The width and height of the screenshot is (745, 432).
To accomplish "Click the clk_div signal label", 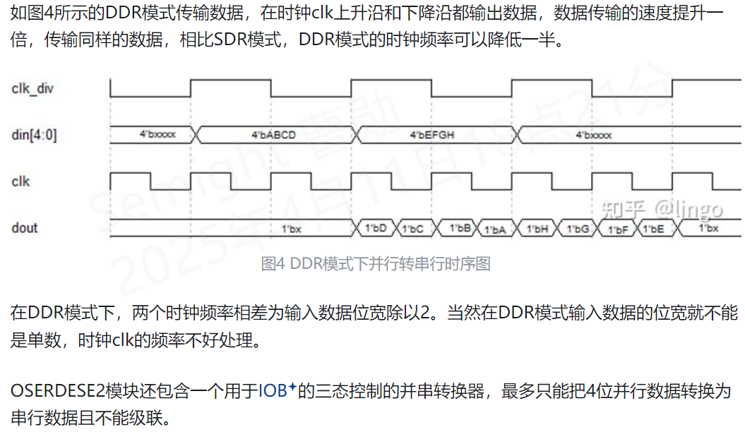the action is [32, 88].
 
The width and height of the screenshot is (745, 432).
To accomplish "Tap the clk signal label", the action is [21, 181].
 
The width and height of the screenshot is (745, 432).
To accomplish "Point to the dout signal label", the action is [25, 227].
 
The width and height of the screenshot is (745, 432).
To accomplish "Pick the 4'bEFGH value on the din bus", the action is [432, 134].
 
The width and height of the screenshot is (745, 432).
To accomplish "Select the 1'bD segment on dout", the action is [375, 228].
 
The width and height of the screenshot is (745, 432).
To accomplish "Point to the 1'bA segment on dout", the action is [496, 229].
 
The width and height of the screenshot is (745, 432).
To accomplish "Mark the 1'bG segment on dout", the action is [576, 229].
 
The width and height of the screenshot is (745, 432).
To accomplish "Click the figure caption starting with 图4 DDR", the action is [375, 264].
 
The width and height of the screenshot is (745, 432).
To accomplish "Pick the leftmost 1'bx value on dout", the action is [292, 229].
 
